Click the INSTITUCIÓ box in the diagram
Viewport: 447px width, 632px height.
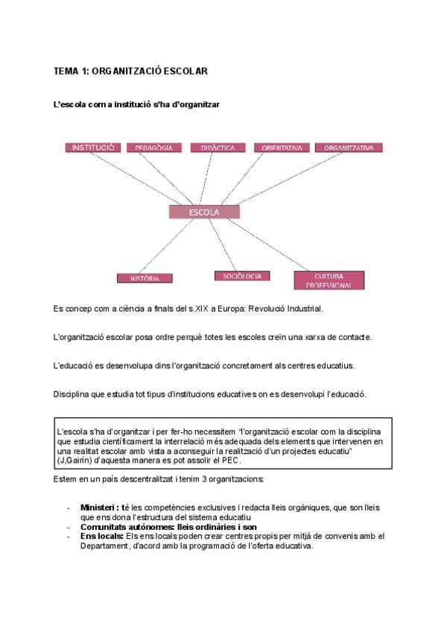(x=93, y=148)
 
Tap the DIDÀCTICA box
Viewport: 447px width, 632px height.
(x=218, y=148)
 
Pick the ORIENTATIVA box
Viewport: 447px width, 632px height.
(x=281, y=148)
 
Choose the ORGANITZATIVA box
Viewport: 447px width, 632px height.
(x=349, y=148)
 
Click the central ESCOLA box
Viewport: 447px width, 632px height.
(x=205, y=212)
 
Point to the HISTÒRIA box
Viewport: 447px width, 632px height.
(x=145, y=278)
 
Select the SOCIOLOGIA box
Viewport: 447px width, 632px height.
(x=242, y=276)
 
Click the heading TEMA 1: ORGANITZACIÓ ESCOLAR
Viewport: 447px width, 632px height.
(x=130, y=72)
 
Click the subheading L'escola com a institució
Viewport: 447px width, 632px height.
(x=136, y=105)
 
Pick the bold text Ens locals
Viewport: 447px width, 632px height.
(x=101, y=536)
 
